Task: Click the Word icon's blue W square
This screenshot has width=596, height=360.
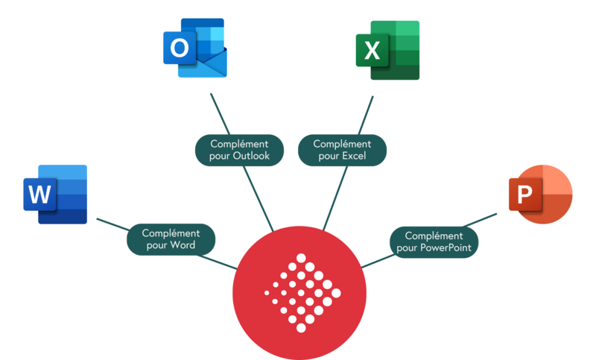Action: click(39, 195)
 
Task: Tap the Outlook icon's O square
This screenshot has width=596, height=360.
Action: click(179, 49)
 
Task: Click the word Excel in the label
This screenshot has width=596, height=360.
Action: click(350, 157)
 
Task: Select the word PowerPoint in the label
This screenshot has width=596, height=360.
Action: click(445, 247)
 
